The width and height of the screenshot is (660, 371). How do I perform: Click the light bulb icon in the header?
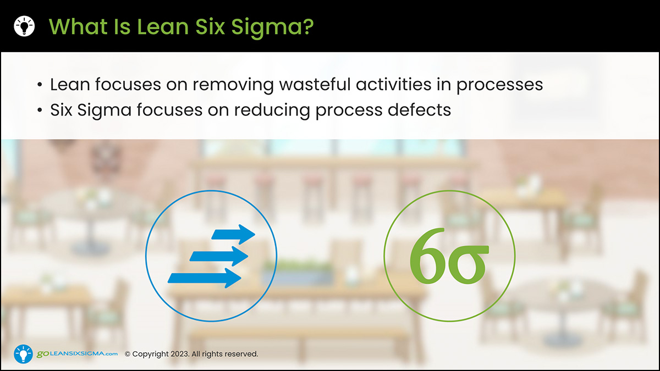(24, 26)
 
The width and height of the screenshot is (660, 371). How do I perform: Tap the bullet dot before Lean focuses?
(40, 85)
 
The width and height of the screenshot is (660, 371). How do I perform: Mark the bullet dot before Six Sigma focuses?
(40, 110)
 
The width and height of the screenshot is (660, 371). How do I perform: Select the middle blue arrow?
(219, 256)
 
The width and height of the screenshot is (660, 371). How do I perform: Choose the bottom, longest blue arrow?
(205, 278)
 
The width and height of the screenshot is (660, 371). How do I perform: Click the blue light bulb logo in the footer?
(23, 354)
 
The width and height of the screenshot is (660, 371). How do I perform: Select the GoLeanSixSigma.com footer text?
(77, 354)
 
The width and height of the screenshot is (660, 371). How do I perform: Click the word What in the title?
(78, 26)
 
